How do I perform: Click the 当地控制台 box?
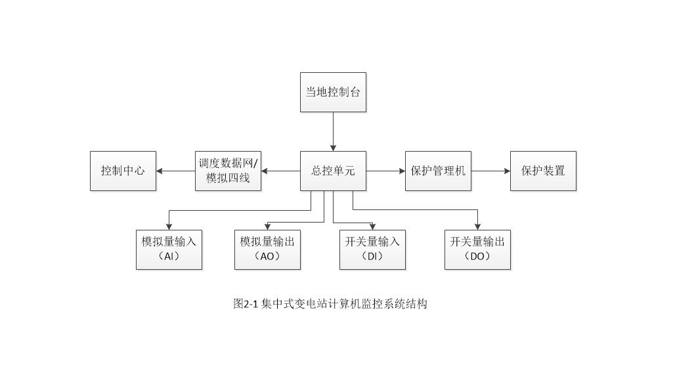pos(333,93)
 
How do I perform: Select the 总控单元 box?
pos(333,171)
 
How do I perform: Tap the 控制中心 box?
pos(123,171)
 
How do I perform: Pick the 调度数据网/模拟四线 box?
pos(228,171)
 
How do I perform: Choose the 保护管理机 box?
pos(438,171)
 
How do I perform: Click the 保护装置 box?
pos(543,171)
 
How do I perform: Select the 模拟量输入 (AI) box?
pos(169,249)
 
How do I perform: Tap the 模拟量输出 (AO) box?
pos(267,249)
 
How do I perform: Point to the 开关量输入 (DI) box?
pos(372,249)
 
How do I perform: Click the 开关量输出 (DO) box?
pos(477,249)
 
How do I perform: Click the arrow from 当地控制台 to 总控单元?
pos(333,131)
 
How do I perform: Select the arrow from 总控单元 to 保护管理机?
pos(385,171)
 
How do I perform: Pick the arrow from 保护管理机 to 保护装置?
pos(490,171)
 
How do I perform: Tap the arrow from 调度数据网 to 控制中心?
pos(175,171)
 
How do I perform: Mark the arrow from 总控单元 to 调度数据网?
pos(280,171)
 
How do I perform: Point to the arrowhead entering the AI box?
pos(169,226)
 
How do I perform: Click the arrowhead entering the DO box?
pos(477,226)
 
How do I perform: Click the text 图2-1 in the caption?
pos(246,304)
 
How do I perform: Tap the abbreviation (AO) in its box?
pos(267,257)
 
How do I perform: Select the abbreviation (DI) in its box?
pos(372,257)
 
